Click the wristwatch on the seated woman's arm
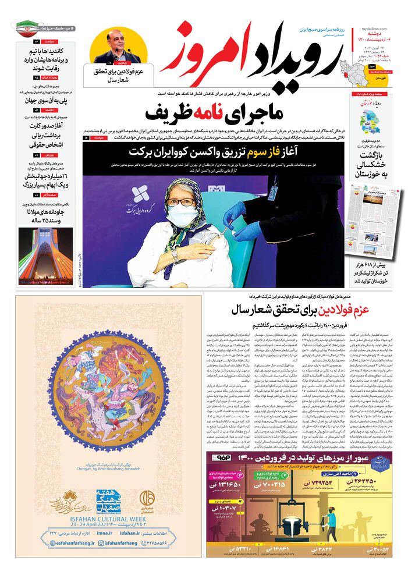[174, 255]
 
